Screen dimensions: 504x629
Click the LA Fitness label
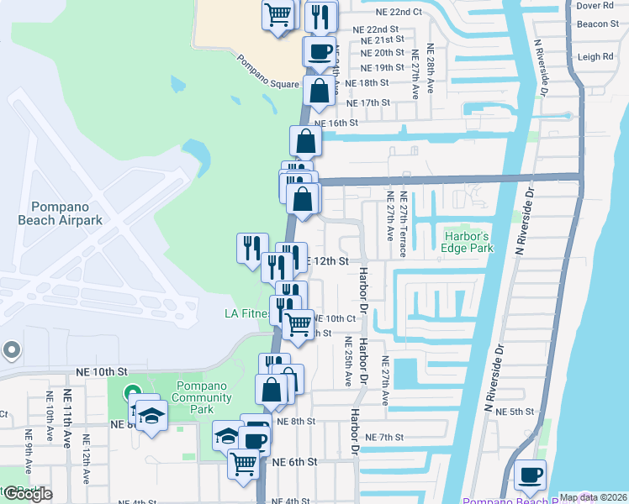pyautogui.click(x=247, y=314)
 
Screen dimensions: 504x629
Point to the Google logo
pyautogui.click(x=27, y=494)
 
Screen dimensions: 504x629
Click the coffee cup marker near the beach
pyautogui.click(x=531, y=475)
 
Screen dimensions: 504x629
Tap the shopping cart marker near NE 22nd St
pyautogui.click(x=278, y=13)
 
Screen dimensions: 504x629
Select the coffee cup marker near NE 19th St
pyautogui.click(x=320, y=51)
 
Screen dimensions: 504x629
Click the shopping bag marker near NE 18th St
pyautogui.click(x=320, y=92)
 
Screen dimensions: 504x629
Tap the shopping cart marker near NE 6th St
pyautogui.click(x=244, y=462)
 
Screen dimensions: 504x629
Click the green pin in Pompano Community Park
pyautogui.click(x=132, y=392)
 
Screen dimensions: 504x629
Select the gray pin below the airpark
pyautogui.click(x=10, y=349)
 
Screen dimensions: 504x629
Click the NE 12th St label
pyautogui.click(x=325, y=261)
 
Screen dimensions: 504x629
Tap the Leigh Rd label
pyautogui.click(x=596, y=57)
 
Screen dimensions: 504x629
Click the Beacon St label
pyautogui.click(x=598, y=24)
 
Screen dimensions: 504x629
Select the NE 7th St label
pyautogui.click(x=386, y=438)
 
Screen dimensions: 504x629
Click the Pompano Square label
pyautogui.click(x=268, y=72)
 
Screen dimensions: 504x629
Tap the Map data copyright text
pyautogui.click(x=594, y=497)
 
